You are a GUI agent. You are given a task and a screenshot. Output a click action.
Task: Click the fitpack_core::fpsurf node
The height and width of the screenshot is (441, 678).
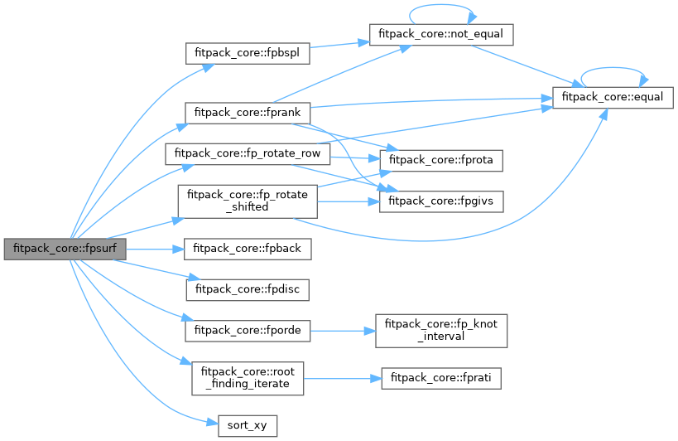pos(65,249)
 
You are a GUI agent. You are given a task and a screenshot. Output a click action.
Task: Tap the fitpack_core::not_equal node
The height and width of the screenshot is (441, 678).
pos(441,34)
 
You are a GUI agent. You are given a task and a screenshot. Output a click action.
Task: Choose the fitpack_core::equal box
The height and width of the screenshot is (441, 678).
pos(613,97)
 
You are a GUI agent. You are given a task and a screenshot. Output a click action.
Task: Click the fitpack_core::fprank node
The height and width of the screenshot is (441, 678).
pos(248,111)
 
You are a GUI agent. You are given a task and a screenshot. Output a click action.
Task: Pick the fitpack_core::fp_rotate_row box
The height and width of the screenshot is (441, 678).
pos(248,154)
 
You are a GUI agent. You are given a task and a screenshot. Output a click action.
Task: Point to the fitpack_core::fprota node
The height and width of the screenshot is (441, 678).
pos(441,158)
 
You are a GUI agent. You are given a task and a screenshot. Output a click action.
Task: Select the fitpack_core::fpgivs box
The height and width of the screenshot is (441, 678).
pos(441,201)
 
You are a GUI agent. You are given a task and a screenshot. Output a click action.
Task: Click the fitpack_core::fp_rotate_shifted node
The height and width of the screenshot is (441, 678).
pos(248,201)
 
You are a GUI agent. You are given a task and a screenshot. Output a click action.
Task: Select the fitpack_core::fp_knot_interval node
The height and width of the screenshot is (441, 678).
pos(441,330)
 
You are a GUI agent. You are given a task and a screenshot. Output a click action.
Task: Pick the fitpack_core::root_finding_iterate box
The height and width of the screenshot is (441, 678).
pos(248,378)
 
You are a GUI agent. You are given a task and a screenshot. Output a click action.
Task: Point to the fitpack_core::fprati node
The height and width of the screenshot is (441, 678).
pos(441,378)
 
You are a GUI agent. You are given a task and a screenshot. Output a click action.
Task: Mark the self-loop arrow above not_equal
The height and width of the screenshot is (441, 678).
pos(441,7)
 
